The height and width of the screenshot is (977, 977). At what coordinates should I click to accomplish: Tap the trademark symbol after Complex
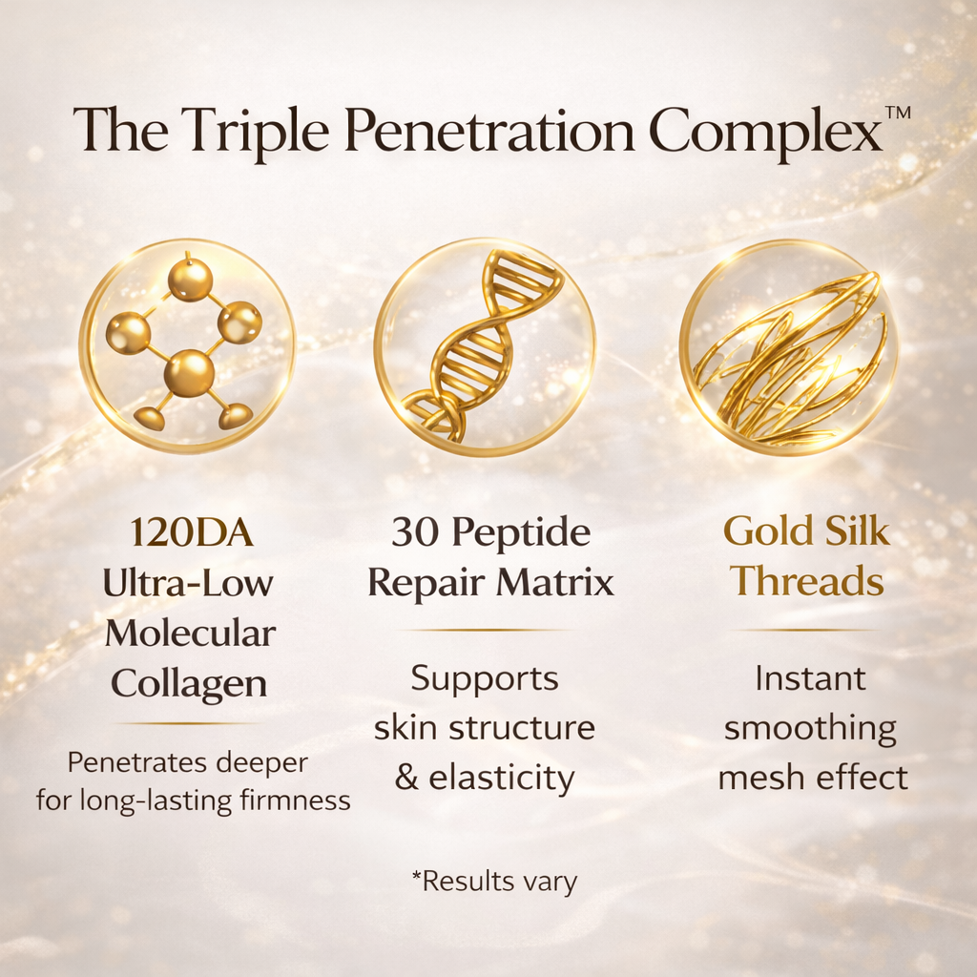coord(898,113)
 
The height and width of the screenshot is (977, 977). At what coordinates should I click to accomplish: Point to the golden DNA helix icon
coord(484,345)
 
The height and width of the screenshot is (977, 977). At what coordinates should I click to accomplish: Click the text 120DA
coord(192,533)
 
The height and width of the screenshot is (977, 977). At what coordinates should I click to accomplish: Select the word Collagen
coord(189,682)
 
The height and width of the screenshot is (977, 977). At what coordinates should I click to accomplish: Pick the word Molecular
coord(190,633)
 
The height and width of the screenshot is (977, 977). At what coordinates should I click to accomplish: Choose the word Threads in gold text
coord(809,581)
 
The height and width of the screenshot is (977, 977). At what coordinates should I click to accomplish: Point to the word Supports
coord(484,679)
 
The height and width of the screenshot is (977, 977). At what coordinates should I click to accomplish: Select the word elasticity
coord(502,778)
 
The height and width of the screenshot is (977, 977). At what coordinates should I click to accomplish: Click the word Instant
coord(810,679)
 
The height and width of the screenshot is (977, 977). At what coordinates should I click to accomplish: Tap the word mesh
coord(761,778)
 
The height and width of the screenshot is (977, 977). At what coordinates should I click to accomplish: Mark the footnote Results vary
coord(494,882)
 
